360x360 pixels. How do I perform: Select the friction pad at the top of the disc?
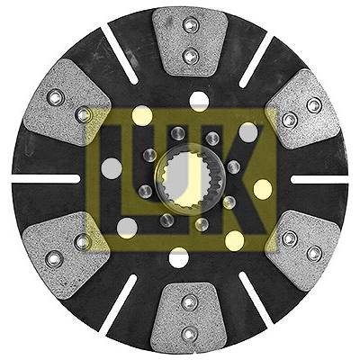pos(190,41)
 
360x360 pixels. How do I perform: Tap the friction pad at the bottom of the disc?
pos(188,319)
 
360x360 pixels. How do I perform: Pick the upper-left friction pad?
pos(67,103)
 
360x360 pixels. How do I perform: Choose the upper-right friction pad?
pos(304,109)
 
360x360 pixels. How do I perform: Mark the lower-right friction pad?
pos(304,250)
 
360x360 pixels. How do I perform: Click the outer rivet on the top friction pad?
pos(191,25)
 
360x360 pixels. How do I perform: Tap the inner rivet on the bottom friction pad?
pos(190,302)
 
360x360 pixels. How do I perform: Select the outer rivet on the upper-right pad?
pos(314,105)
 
